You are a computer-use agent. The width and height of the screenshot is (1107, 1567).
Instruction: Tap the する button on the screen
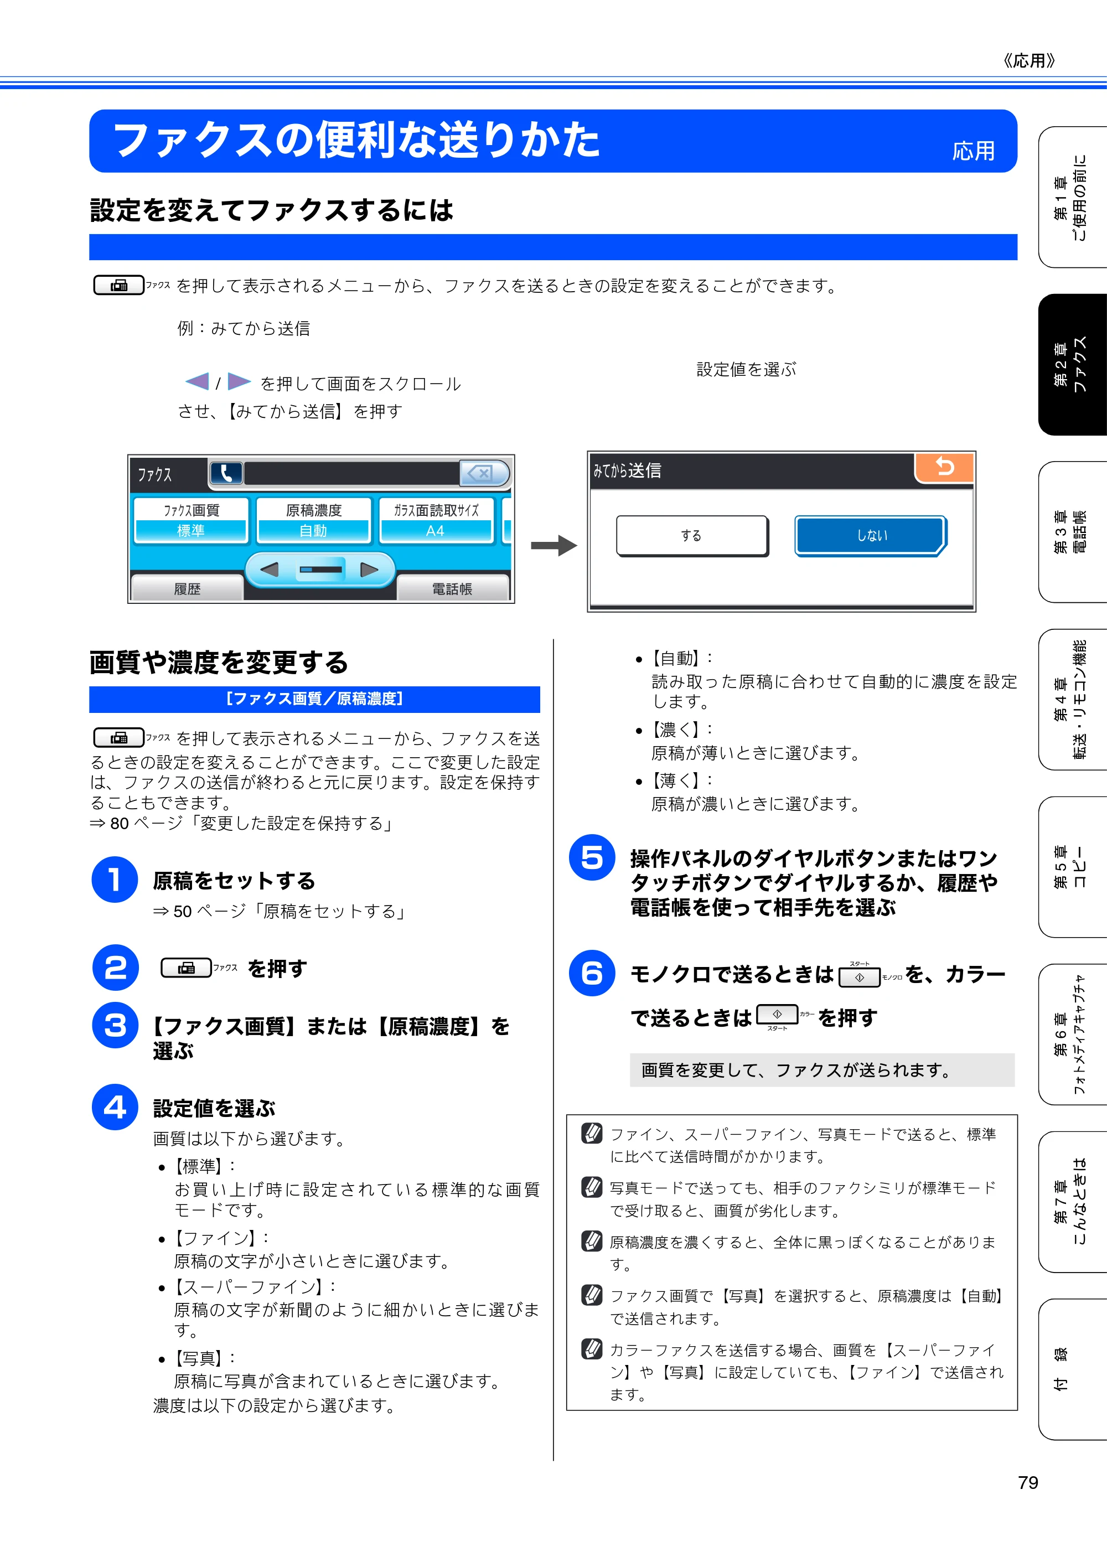(x=692, y=536)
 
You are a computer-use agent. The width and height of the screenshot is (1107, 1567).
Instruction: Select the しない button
(x=871, y=536)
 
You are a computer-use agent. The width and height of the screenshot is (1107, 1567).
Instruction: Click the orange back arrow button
(x=945, y=468)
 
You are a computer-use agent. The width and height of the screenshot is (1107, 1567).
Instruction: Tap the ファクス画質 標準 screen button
(x=191, y=521)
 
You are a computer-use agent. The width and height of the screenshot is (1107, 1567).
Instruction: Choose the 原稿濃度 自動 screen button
(x=314, y=521)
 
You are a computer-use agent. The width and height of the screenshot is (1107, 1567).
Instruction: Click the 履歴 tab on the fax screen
(x=187, y=588)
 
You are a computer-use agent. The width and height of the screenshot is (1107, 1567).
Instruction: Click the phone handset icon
(x=226, y=473)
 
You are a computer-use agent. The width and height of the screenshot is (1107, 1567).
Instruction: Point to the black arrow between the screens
(x=554, y=545)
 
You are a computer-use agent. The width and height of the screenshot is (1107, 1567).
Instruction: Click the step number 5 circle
(x=592, y=857)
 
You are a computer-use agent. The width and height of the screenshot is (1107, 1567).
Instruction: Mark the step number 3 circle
(x=115, y=1025)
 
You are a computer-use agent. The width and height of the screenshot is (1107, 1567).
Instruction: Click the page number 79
(x=1028, y=1483)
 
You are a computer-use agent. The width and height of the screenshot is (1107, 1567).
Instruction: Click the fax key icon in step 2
(x=187, y=968)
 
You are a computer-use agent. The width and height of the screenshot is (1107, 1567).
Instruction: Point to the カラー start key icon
(x=777, y=1015)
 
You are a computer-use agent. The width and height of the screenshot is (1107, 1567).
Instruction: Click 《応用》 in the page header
(x=1029, y=61)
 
